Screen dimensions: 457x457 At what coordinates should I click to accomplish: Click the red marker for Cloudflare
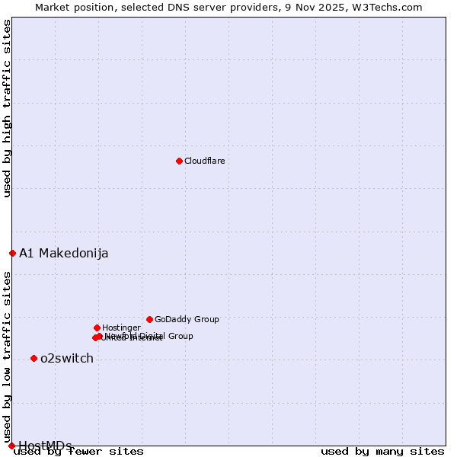[179, 161]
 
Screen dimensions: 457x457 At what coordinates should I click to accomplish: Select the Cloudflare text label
[204, 161]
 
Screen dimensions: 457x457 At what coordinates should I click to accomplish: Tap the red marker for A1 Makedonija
[12, 253]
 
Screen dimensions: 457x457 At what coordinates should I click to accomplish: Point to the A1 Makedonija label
[63, 253]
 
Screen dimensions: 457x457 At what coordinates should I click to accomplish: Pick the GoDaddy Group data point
[149, 319]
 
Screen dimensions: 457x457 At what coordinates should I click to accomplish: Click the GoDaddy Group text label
[187, 319]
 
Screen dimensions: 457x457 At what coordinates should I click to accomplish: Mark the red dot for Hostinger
[97, 328]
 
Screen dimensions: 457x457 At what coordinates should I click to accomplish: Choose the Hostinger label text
[121, 328]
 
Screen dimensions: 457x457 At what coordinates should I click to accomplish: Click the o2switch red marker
[34, 358]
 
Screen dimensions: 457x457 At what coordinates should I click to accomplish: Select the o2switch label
[66, 358]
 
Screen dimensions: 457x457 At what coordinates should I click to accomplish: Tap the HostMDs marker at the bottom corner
[11, 446]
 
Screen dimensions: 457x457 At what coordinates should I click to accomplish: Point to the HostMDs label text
[45, 446]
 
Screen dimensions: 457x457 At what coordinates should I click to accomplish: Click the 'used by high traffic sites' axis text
[7, 108]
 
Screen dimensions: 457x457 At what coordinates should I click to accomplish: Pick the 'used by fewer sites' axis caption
[78, 452]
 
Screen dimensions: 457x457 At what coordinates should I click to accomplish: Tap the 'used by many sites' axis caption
[382, 452]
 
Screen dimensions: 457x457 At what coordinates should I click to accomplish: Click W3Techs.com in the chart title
[389, 7]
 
